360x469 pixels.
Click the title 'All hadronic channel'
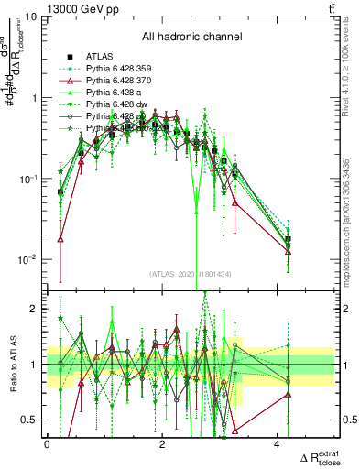[x=191, y=37]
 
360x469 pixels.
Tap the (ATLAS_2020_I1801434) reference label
[x=191, y=274]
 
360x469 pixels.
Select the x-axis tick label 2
[x=162, y=444]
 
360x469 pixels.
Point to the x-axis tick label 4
[x=278, y=444]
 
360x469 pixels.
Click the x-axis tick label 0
[x=48, y=444]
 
